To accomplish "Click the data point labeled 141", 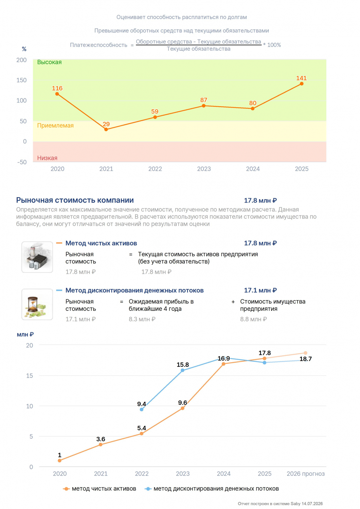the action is point(302,83).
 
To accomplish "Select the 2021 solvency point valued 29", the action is point(106,129).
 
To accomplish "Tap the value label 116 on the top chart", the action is point(57,88).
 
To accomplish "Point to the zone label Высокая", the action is point(49,62).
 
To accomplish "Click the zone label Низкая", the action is point(47,158).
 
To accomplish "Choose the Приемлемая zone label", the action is point(55,126).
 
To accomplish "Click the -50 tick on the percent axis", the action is point(22,162).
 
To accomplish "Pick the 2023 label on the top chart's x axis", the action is point(204,169).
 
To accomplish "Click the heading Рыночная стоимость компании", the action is point(75,200).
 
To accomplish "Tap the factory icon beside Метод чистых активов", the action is point(37,257).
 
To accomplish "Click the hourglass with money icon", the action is point(37,304).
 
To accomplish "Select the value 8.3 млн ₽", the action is point(142,319).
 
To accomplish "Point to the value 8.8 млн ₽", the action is point(254,319).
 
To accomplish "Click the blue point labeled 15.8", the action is point(182,371).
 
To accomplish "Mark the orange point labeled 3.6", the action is point(101,445).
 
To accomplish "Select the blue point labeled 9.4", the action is point(142,410).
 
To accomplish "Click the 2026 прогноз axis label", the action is point(305,474).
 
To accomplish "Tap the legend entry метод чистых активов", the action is point(100,489).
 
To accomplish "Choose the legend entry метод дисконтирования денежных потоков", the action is point(212,489).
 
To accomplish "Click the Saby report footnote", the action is point(280,504).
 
